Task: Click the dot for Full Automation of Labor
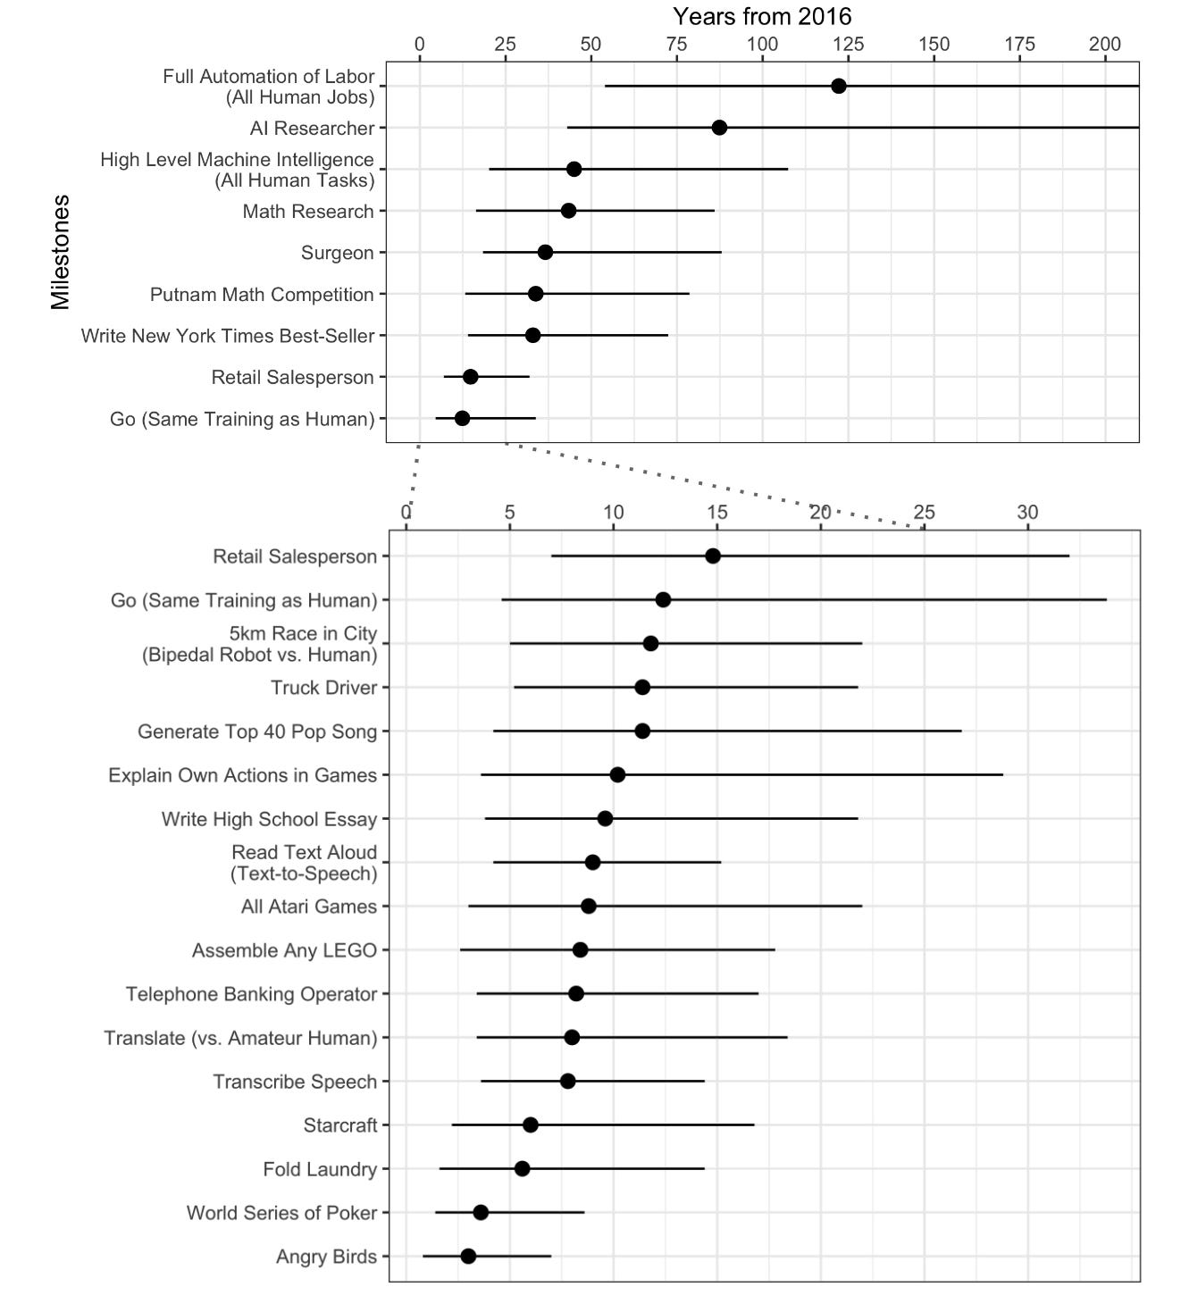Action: (x=838, y=86)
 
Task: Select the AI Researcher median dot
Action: (x=719, y=128)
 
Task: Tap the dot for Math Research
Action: (x=568, y=211)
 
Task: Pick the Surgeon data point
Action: (x=545, y=253)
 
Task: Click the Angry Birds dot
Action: (x=468, y=1257)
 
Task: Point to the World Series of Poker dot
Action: (x=481, y=1213)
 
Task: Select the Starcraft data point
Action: (x=530, y=1125)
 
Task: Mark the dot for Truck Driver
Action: (x=642, y=688)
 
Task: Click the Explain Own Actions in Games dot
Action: (x=617, y=775)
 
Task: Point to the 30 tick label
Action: (x=1027, y=513)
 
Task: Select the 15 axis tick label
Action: (x=716, y=513)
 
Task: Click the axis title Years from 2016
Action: (x=762, y=16)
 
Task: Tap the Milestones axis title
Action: (x=61, y=252)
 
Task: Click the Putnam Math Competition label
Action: (x=262, y=295)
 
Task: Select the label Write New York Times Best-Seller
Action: (x=228, y=337)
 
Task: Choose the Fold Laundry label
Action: (x=320, y=1170)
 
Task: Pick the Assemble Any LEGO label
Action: (x=284, y=951)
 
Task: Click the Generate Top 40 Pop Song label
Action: (x=257, y=732)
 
